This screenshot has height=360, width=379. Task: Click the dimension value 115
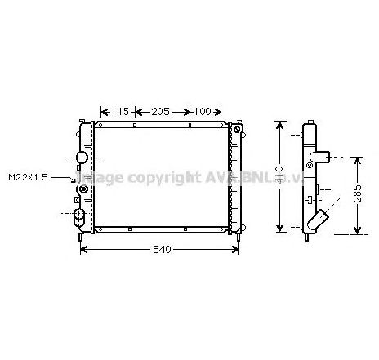coord(120,112)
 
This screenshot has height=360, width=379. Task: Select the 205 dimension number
coord(160,112)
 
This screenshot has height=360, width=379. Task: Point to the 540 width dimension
coord(162,248)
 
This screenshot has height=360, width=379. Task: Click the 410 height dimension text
coord(279,174)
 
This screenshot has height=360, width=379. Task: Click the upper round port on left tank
coord(82,157)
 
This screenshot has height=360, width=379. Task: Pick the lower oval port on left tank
coord(80,216)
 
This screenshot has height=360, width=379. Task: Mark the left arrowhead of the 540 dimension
coord(82,249)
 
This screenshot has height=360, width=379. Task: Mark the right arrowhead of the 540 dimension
coord(239,249)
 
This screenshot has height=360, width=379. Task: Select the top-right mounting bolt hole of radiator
coord(237,129)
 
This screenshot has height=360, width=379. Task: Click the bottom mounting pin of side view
coord(308,238)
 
